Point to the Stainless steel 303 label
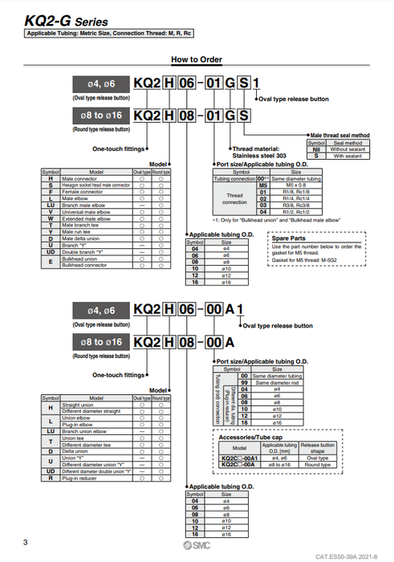pos(259,157)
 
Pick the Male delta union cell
pos(84,238)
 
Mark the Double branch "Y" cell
pos(86,250)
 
